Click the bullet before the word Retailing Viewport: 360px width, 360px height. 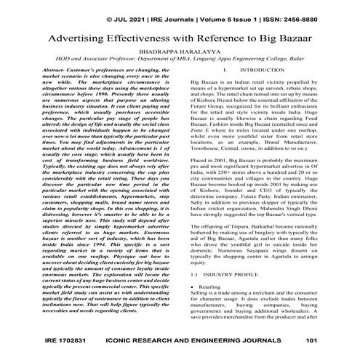190,288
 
